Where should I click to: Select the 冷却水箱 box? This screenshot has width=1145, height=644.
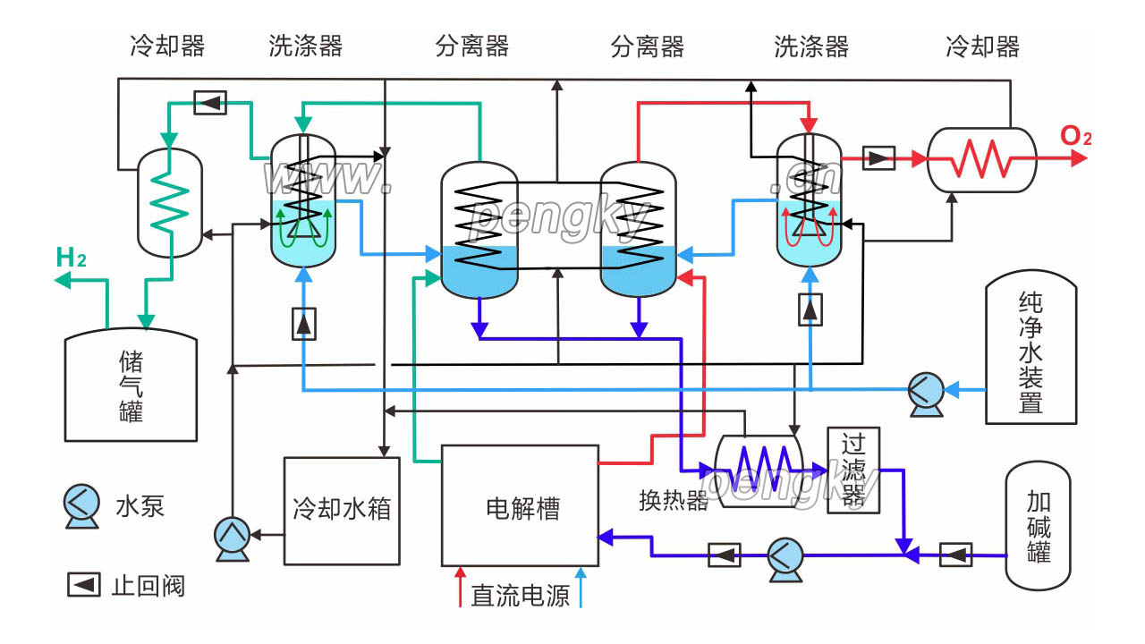coord(342,510)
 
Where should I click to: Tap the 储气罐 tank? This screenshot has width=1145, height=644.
coord(131,386)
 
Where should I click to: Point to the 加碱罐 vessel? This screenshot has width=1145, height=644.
coord(1038,526)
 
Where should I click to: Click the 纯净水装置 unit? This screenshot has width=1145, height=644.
coord(1030,351)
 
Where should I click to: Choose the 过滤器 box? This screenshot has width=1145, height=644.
coord(848,470)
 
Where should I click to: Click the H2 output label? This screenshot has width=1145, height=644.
coord(71,258)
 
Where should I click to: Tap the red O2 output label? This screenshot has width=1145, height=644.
coord(1076,137)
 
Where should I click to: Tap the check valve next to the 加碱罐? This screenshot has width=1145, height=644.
coord(955,555)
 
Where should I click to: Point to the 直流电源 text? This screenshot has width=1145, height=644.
coord(521,596)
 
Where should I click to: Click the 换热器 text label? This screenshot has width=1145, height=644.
coord(673,500)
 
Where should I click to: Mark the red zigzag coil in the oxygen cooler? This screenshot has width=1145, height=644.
coord(979,160)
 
